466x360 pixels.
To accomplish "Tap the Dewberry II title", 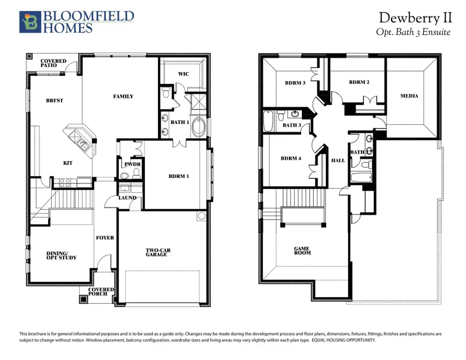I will click(415, 18).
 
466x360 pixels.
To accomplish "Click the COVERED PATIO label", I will click(53, 64).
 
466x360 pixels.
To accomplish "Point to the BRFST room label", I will click(55, 100).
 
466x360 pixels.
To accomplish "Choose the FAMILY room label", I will click(123, 96).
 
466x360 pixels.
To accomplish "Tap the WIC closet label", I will click(183, 74).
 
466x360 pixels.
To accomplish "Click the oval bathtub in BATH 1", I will click(198, 127).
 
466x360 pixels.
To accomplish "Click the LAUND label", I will click(127, 197).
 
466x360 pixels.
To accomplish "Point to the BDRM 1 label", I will click(179, 176).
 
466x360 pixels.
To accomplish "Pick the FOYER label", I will click(105, 238).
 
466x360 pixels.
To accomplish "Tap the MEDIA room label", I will click(409, 96).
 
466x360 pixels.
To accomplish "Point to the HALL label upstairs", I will click(338, 161).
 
